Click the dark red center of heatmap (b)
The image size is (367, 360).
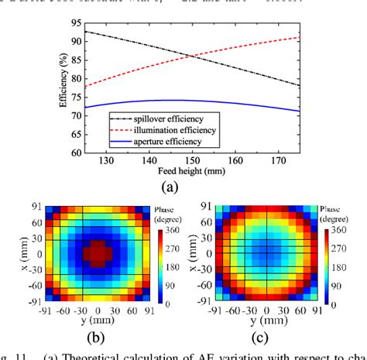point(98,253)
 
